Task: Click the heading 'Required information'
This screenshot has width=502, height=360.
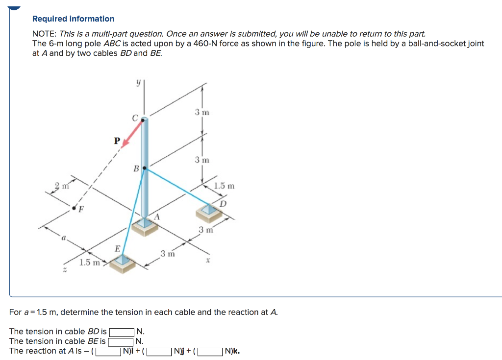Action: pyautogui.click(x=73, y=19)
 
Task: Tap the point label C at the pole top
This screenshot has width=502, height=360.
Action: pyautogui.click(x=134, y=118)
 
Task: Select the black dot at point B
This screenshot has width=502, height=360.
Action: pyautogui.click(x=144, y=168)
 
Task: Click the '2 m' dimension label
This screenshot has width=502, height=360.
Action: pyautogui.click(x=61, y=186)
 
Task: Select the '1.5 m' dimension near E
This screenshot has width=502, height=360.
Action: pyautogui.click(x=90, y=263)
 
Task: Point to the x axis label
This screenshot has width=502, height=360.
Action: pyautogui.click(x=208, y=263)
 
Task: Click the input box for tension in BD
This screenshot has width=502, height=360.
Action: pyautogui.click(x=122, y=332)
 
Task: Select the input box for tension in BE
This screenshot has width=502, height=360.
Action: pyautogui.click(x=121, y=341)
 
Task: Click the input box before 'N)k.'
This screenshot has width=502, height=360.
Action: pyautogui.click(x=210, y=351)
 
